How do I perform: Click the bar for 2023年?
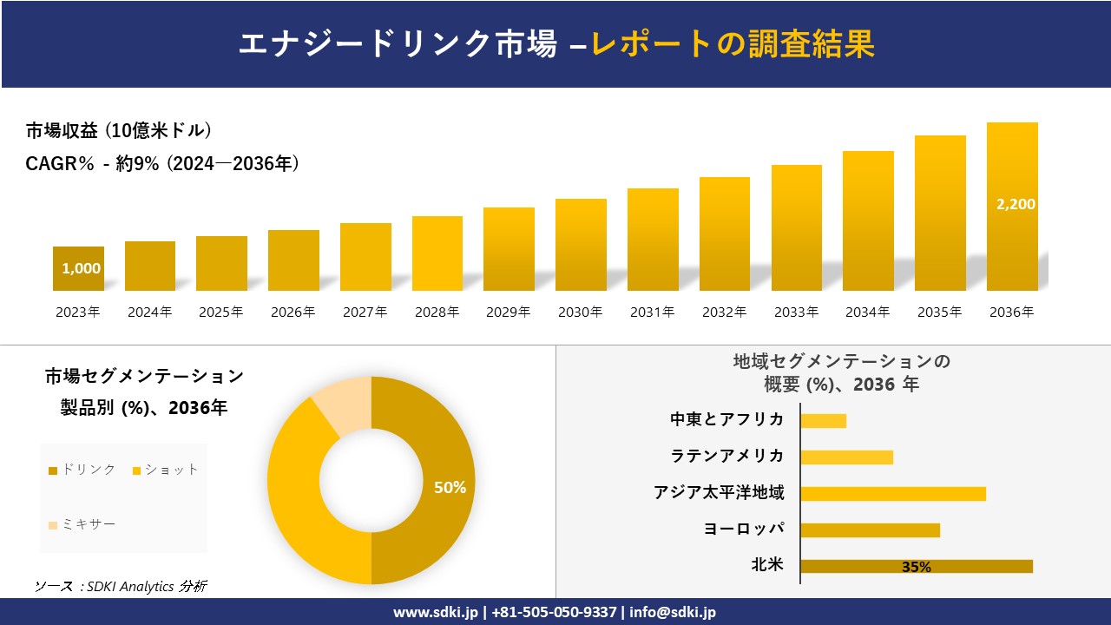click(78, 269)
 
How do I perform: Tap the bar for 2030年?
click(581, 245)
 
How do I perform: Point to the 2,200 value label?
click(1016, 204)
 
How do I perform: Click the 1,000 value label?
click(81, 268)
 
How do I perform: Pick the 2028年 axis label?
click(437, 312)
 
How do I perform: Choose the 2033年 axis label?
click(796, 312)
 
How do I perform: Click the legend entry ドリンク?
click(82, 470)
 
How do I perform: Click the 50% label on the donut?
click(450, 488)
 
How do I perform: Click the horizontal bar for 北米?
click(916, 567)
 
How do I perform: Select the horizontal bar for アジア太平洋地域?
click(892, 494)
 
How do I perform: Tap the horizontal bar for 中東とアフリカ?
click(823, 421)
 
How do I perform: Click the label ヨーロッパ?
click(744, 529)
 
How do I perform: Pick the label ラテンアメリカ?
click(726, 456)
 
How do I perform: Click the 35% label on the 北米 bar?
click(916, 567)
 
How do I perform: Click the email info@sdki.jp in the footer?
click(673, 612)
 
